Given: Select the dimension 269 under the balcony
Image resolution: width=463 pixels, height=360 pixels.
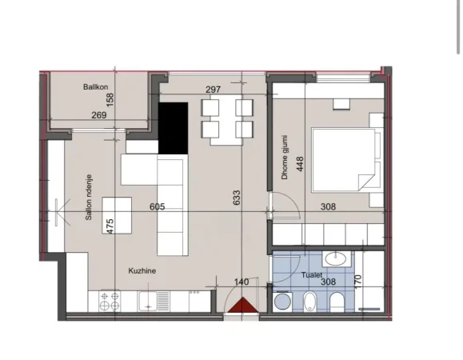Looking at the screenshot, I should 99,115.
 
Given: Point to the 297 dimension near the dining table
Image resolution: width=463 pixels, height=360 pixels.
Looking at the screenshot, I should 213,90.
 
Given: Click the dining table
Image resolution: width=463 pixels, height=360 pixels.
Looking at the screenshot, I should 226,119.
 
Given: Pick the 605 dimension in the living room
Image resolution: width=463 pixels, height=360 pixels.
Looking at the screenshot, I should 157,206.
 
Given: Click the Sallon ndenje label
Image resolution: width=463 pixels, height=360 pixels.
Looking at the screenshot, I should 90,198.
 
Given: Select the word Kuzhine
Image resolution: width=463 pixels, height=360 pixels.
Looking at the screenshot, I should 142,271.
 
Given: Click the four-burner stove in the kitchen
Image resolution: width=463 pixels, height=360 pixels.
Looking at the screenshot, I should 109,302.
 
